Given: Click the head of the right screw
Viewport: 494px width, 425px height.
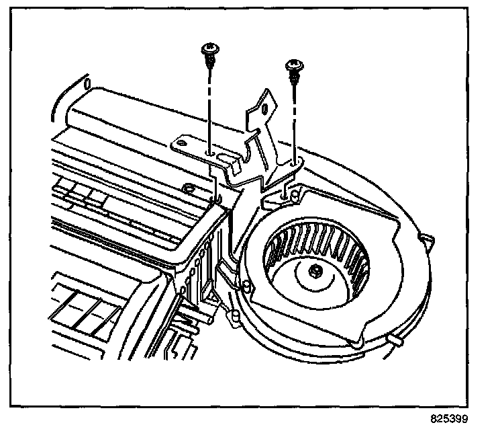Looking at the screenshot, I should point(293,65).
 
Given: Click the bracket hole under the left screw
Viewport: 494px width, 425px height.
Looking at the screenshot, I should point(211,153).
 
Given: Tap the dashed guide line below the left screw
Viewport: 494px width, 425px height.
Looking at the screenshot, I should point(210,108).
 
